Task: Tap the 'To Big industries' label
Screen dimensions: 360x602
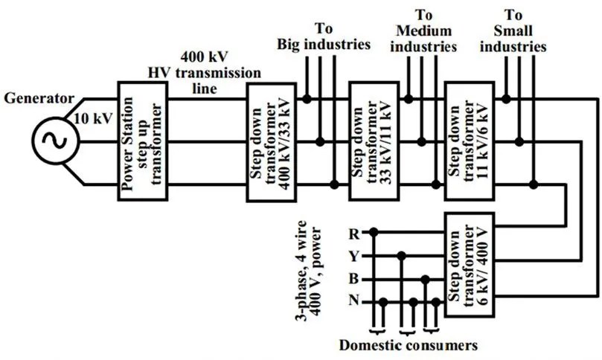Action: (x=323, y=36)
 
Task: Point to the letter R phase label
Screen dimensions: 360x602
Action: (x=353, y=233)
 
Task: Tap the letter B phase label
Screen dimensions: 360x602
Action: (x=353, y=279)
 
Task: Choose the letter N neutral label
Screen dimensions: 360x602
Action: (x=353, y=302)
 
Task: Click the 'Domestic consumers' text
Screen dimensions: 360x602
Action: (x=408, y=346)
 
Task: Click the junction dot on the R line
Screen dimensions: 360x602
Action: (x=374, y=233)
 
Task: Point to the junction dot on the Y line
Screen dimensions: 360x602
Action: (x=403, y=256)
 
